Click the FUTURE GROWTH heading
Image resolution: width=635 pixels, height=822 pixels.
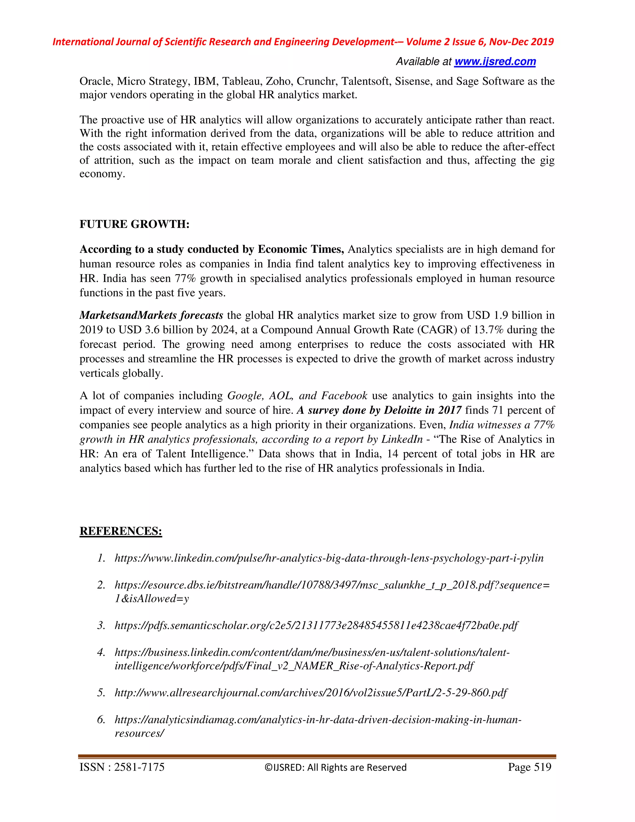[134, 224]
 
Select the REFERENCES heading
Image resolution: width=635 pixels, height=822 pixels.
[121, 531]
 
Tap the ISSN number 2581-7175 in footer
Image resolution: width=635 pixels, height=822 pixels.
[139, 767]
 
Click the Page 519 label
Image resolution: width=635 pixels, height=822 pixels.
[529, 767]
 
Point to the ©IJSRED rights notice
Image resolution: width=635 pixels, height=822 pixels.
[335, 767]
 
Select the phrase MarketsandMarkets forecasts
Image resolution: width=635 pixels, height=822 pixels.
[151, 315]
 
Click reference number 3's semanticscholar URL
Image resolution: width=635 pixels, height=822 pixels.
[316, 626]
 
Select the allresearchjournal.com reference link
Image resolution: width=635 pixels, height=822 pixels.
[311, 693]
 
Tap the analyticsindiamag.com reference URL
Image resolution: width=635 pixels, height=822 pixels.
[318, 720]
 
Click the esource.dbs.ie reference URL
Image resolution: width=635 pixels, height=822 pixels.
[332, 585]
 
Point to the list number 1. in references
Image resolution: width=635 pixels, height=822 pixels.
[101, 558]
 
